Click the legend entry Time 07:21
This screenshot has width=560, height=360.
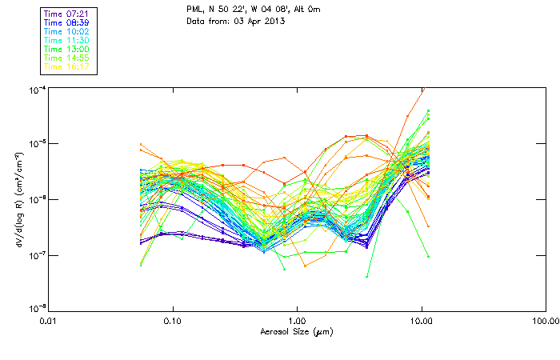(x=68, y=14)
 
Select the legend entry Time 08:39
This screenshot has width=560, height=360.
(x=68, y=22)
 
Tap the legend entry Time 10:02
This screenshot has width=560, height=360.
(x=68, y=31)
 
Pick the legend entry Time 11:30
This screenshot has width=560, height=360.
(x=68, y=40)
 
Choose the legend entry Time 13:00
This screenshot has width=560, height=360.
(x=68, y=49)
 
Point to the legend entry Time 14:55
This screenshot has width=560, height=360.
(x=68, y=58)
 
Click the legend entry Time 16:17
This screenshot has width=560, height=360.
(x=68, y=66)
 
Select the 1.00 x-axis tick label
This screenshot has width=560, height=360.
(x=297, y=321)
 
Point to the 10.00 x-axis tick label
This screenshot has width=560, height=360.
(x=421, y=321)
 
